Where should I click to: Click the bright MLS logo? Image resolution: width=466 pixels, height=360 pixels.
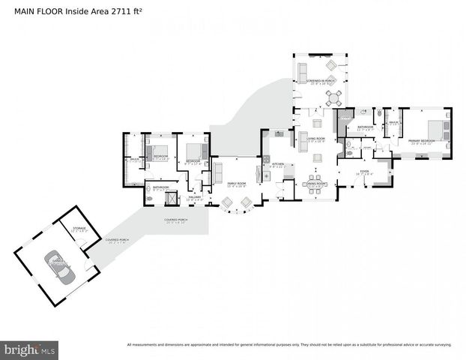coord(30,349)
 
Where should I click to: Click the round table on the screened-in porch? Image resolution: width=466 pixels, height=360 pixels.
coord(334,96)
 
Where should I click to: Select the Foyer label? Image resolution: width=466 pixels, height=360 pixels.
coord(364,171)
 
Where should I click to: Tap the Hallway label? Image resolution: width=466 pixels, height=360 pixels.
coord(193,197)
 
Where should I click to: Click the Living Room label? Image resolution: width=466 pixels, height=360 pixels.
coord(315,139)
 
